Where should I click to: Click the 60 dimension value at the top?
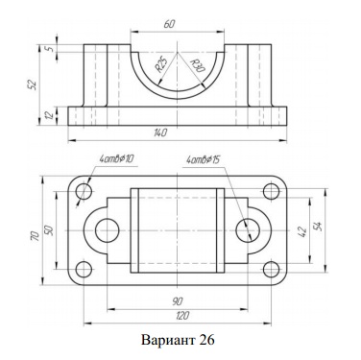coord(169,24)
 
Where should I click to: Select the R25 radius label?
coord(160,63)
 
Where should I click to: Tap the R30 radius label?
coord(197,66)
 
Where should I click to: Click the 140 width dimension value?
coord(160,132)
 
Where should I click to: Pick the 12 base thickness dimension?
coord(50,116)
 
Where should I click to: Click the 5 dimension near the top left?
coord(49,49)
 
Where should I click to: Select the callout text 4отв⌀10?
coord(116,158)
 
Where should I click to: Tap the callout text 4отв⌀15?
coord(203,159)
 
